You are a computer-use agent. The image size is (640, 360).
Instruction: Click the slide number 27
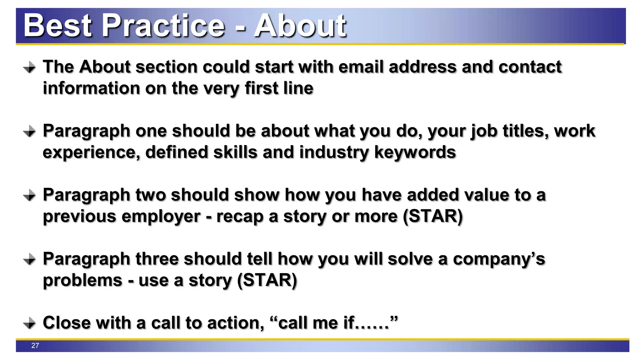click(35, 345)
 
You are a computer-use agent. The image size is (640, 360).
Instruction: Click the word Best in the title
click(58, 26)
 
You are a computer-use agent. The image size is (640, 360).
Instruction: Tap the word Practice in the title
click(163, 26)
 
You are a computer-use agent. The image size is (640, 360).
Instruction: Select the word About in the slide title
click(300, 26)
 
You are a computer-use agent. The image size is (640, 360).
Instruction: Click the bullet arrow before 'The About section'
click(30, 67)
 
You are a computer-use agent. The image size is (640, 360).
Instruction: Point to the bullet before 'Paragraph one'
click(30, 131)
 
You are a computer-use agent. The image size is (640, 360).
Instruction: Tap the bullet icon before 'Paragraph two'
click(30, 195)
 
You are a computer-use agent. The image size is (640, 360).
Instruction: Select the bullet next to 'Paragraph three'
click(30, 259)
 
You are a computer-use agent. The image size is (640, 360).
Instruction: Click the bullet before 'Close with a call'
click(30, 323)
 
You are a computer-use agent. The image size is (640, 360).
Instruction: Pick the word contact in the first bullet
click(530, 67)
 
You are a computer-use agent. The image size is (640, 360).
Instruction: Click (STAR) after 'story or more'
click(433, 216)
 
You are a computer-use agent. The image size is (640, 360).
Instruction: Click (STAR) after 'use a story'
click(267, 280)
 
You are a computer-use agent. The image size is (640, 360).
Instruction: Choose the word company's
click(499, 259)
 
